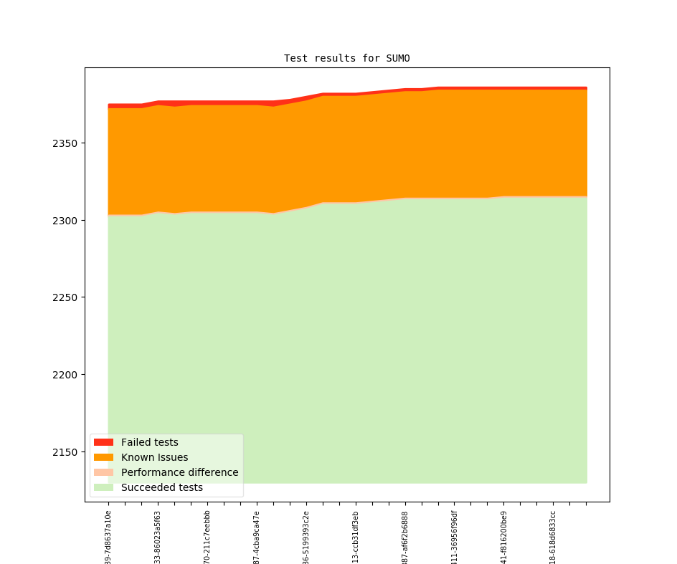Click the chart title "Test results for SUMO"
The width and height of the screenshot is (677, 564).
pos(346,58)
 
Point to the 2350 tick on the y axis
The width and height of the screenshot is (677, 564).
pos(65,143)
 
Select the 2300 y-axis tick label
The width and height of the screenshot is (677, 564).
pos(65,221)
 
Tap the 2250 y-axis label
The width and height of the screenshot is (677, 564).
pos(65,297)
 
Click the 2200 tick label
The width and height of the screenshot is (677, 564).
pos(65,375)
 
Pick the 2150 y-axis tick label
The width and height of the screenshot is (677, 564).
pos(65,452)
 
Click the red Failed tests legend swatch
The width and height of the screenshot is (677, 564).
pos(103,442)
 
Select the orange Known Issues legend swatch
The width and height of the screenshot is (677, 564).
pos(103,457)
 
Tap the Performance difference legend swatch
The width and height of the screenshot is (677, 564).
pos(103,472)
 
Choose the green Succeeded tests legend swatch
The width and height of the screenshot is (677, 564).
pos(103,487)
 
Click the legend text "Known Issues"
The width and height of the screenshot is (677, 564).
pos(154,457)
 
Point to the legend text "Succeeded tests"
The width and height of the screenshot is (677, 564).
pos(161,487)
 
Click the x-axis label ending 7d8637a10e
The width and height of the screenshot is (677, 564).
pos(108,537)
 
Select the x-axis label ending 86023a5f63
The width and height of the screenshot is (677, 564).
pos(158,537)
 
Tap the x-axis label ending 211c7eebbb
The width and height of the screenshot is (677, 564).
pos(207,537)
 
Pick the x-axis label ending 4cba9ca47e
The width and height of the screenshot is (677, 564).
pos(257,537)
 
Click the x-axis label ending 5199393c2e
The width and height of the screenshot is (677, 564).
pos(306,537)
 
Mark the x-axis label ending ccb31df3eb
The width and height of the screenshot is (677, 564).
pos(356,537)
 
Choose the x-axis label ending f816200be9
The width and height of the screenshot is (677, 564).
pos(503,537)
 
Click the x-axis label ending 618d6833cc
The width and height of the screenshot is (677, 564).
pos(553,537)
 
